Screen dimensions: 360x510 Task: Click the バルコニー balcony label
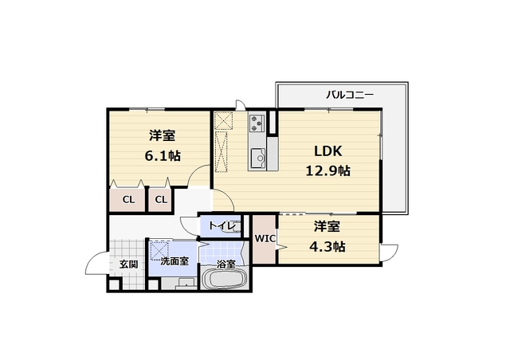click(349, 95)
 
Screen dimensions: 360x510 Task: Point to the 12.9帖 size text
click(328, 170)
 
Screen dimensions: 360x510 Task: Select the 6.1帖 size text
click(160, 156)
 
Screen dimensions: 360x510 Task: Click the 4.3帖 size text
click(327, 246)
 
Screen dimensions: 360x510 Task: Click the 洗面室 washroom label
click(174, 260)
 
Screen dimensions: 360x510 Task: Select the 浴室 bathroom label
click(226, 264)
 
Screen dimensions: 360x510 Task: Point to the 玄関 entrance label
click(128, 264)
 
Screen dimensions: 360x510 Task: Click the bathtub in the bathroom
click(226, 281)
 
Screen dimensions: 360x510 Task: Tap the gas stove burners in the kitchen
click(258, 123)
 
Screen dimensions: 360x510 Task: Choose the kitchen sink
click(259, 159)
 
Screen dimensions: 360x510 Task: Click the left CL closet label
click(127, 199)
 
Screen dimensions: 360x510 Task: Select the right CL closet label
click(160, 199)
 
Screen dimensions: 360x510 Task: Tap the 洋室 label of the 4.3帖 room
click(327, 226)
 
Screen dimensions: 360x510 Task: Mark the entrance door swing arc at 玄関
click(96, 262)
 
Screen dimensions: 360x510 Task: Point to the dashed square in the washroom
click(160, 248)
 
